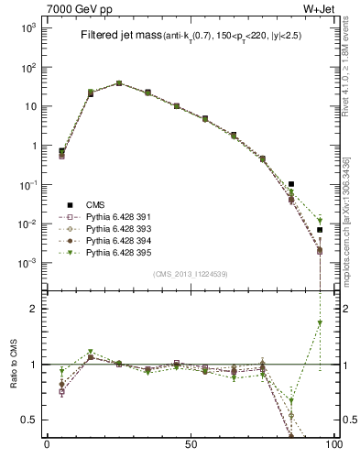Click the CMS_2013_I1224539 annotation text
(191, 274)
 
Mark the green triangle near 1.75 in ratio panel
(320, 323)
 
